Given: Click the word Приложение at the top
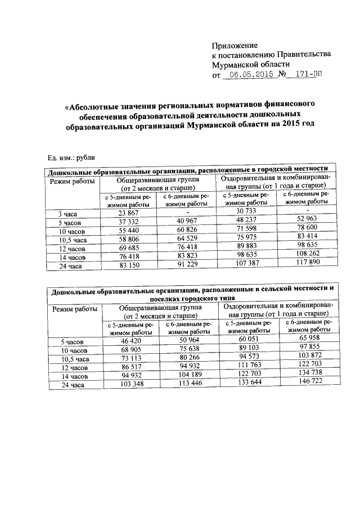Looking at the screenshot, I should point(234,45).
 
